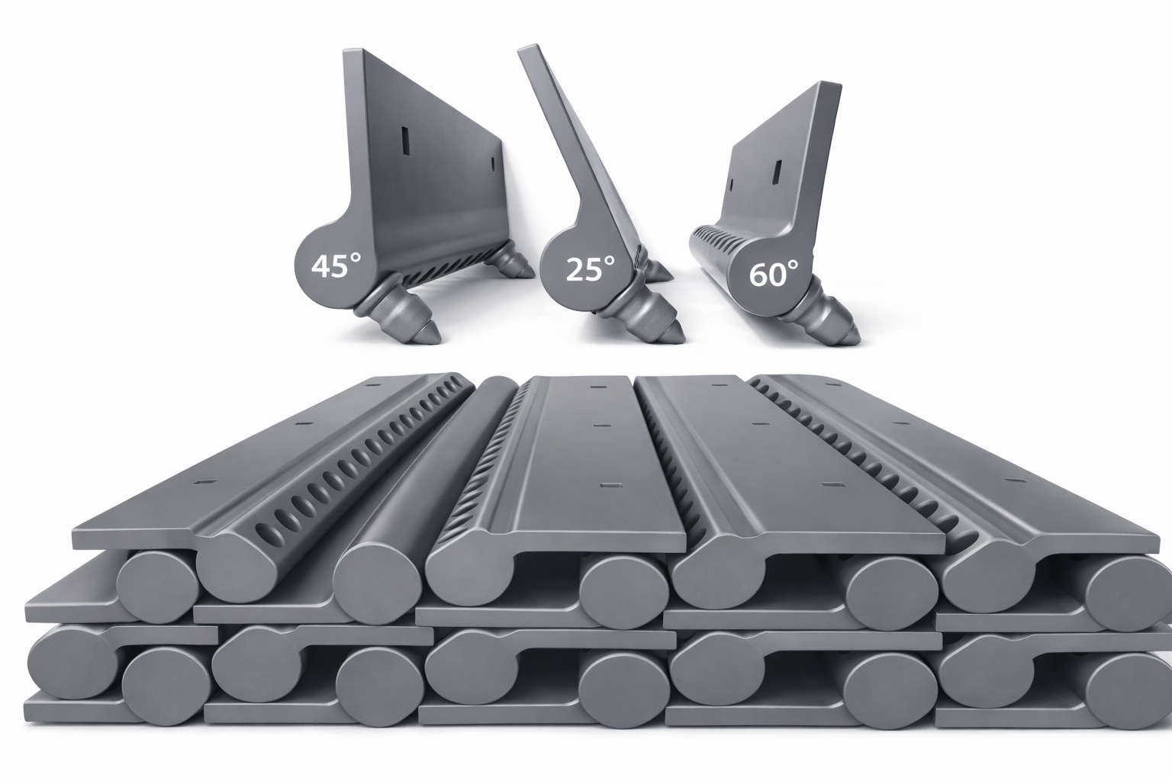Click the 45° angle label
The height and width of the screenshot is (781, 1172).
tap(336, 265)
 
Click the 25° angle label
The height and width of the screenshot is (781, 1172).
tap(590, 268)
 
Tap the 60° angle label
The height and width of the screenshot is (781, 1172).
tap(774, 274)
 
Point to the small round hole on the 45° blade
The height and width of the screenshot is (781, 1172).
tap(492, 164)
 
